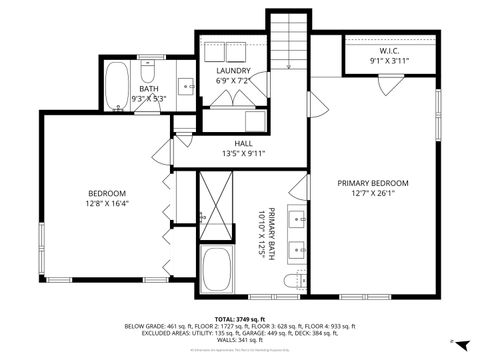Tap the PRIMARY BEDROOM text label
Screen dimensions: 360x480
[373, 183]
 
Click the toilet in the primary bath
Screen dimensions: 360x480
[291, 281]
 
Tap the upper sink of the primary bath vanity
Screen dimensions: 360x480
[297, 216]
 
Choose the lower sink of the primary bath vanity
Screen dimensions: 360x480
[297, 249]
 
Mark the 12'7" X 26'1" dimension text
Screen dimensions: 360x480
[373, 194]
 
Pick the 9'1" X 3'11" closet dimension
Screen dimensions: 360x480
[390, 61]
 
